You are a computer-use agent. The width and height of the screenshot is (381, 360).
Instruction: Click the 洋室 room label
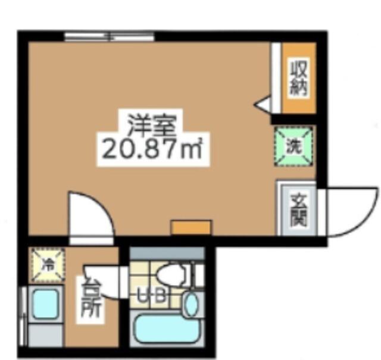point(152,126)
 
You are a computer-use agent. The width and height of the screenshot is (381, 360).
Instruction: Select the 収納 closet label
point(298,78)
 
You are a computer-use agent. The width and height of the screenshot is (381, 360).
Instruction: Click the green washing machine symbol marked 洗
point(293,146)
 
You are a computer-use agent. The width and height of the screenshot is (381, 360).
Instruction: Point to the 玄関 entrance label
point(299,210)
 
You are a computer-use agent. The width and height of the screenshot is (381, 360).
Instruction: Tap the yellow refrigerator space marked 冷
point(48,265)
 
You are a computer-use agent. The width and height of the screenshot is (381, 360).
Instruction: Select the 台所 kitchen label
point(90,300)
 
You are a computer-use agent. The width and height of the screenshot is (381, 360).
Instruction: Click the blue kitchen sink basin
point(46,304)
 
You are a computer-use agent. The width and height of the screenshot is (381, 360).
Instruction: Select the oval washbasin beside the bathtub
point(192,304)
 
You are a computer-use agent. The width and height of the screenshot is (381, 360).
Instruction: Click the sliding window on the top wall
point(109,37)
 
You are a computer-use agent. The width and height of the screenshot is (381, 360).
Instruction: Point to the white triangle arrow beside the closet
point(262,105)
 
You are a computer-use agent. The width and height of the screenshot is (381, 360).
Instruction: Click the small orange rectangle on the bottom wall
point(191,227)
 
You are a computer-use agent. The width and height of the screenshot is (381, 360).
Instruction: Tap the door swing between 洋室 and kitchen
point(92,213)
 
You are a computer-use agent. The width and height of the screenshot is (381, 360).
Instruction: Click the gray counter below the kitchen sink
point(45,336)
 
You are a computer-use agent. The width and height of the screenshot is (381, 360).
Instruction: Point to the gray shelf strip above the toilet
point(167,253)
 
